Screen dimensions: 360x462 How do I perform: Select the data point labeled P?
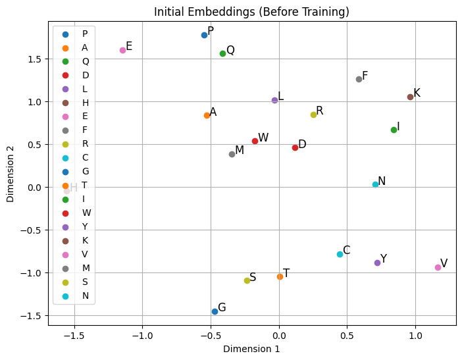point(204,35)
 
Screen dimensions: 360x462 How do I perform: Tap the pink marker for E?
point(122,50)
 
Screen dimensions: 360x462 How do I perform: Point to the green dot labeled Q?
point(222,53)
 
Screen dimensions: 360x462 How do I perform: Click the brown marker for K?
point(410,97)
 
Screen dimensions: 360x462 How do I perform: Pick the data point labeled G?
point(215,311)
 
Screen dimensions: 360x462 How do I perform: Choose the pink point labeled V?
point(438,267)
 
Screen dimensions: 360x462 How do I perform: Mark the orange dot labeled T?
point(280,276)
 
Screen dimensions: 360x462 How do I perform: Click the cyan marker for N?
point(375,184)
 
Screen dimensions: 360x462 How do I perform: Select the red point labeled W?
point(255,141)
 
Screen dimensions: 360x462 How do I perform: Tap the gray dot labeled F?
point(359,79)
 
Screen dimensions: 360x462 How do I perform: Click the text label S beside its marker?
point(253,277)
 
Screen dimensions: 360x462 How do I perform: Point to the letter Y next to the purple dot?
point(384,259)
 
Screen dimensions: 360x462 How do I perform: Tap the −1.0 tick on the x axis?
point(143,336)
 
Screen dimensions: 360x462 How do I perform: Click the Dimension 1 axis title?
point(251,349)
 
